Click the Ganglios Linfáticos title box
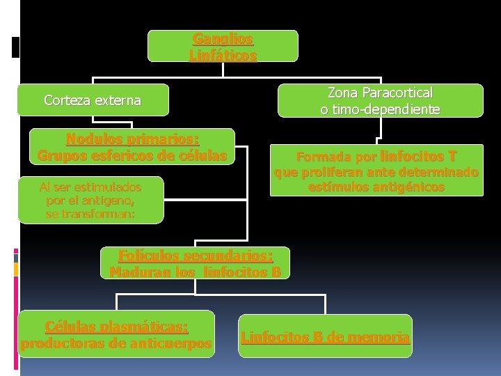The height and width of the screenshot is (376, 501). point(223,46)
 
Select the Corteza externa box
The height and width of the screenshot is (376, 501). point(93,100)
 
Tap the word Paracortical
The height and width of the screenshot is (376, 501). point(397,93)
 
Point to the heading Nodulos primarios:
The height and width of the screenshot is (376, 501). point(132,139)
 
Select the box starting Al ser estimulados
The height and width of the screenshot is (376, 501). point(91,200)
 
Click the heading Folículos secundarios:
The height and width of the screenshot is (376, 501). point(196,256)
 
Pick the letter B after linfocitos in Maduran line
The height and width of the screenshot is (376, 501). point(276,272)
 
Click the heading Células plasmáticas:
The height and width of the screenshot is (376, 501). point(116,327)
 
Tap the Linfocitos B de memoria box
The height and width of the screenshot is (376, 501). point(325,336)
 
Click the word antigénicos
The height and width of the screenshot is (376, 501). point(411,187)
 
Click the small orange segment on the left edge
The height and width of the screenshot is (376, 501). point(16,269)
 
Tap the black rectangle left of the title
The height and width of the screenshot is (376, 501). point(15,47)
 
